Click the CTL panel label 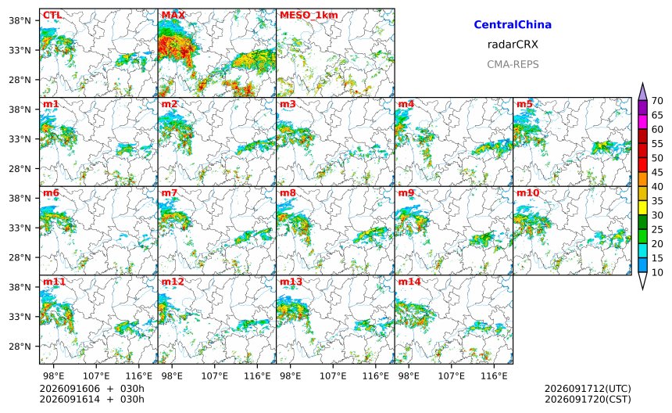coord(52,15)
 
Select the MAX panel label coord(173,15)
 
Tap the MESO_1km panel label coord(309,16)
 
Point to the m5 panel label coord(524,104)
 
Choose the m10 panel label coord(527,192)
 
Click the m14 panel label coord(409,282)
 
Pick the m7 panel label coord(170,192)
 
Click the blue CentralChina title coord(513,24)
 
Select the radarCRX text coord(513,44)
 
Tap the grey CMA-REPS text coord(513,64)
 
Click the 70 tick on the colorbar coord(657,101)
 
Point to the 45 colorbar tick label coord(657,172)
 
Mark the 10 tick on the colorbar coord(657,272)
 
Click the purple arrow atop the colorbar coord(642,92)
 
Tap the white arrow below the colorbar coord(642,281)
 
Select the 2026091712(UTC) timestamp coord(588,389)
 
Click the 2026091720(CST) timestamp coord(588,399)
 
